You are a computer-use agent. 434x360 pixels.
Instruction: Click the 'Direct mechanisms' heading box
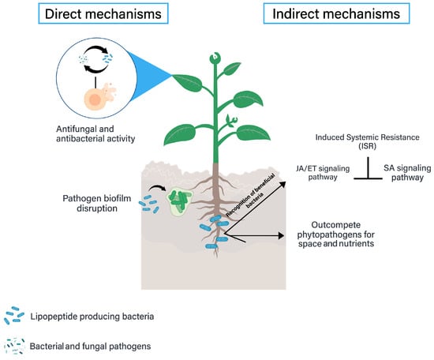103,13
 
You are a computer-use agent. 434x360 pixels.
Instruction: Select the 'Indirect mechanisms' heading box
336,13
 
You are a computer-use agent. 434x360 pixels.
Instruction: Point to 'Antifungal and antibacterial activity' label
95,133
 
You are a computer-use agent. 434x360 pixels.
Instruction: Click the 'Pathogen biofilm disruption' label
97,203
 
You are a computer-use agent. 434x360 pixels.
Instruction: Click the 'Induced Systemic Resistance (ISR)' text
367,141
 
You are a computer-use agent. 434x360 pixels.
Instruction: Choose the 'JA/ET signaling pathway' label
323,173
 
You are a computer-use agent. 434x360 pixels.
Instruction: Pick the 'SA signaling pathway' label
407,173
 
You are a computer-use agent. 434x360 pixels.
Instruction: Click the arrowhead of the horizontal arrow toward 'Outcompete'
281,236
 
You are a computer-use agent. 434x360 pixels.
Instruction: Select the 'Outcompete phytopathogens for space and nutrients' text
336,234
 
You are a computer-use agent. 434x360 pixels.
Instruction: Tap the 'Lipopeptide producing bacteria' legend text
92,317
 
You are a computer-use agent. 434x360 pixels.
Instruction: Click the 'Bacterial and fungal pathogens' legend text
90,346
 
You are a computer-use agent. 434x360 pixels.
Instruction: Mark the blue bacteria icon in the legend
14,316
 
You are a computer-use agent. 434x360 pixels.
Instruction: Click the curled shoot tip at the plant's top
214,58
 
